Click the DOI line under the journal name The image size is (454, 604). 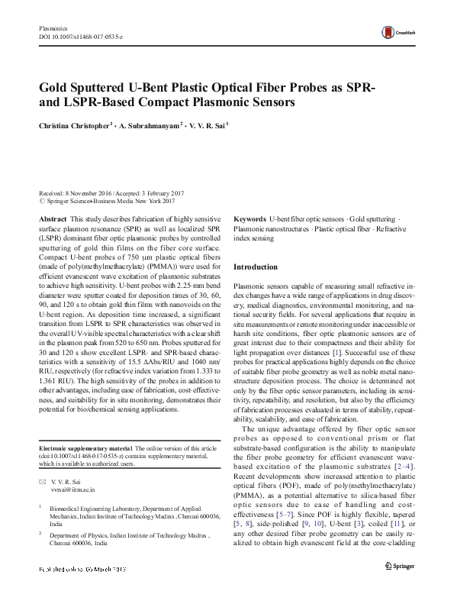point(81,37)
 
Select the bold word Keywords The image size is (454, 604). point(250,218)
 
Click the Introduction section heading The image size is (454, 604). point(256,267)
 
